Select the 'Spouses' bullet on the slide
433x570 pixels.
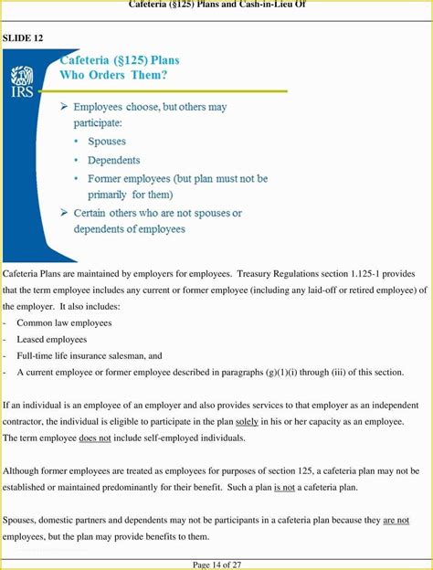point(107,142)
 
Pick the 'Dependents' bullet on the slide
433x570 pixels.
point(113,160)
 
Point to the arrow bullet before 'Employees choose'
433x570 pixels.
point(64,108)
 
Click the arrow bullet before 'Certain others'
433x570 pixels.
point(64,214)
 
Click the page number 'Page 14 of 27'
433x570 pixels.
point(216,565)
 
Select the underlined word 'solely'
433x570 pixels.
point(247,421)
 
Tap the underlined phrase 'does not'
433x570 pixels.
point(95,438)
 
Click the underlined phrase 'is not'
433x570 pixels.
point(283,487)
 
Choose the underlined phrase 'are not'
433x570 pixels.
point(396,520)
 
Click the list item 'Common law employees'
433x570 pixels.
point(64,322)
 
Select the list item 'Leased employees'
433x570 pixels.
point(52,339)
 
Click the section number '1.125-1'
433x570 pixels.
point(361,273)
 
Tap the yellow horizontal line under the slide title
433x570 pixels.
point(174,90)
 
